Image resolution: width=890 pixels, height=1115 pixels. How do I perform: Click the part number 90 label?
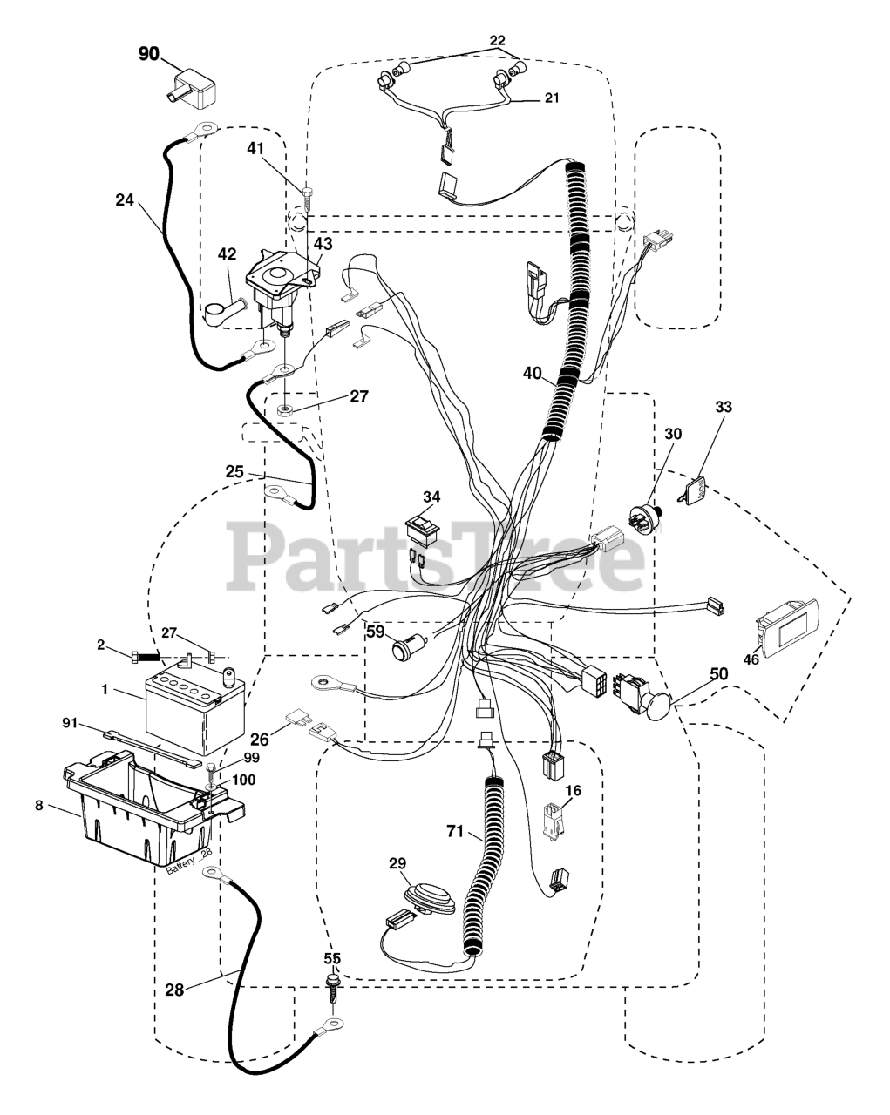[x=149, y=54]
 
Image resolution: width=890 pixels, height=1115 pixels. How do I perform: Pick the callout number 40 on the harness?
[x=533, y=373]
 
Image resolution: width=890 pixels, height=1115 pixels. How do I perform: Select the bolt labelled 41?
[x=307, y=193]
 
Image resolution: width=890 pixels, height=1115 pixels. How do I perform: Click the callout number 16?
[x=573, y=790]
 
